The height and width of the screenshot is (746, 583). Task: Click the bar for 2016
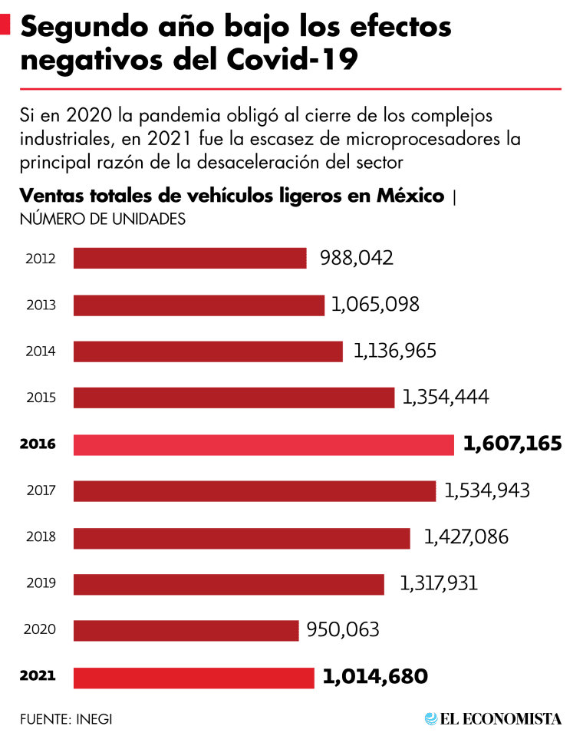pos(263,444)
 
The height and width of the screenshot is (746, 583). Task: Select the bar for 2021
pos(193,678)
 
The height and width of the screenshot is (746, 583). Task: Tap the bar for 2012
pos(189,258)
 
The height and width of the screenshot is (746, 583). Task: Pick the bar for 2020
pos(186,631)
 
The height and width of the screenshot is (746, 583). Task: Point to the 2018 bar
pos(242,538)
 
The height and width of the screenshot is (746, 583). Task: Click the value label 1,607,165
pos(512,444)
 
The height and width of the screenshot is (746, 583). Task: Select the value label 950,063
pos(343,630)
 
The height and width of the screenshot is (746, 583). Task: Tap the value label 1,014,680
pos(375,677)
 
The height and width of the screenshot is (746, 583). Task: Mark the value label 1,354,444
pos(446,397)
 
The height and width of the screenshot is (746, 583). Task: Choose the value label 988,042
pos(357,258)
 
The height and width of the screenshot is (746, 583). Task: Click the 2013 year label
pos(40,305)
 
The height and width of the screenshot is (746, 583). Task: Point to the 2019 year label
pos(40,584)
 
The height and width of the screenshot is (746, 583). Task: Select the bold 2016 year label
pos(38,444)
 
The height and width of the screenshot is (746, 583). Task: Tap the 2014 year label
pos(40,352)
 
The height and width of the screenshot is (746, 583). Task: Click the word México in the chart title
pos(410,196)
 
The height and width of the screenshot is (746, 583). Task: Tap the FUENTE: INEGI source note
pos(61,719)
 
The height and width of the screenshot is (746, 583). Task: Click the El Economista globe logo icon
pos(431,719)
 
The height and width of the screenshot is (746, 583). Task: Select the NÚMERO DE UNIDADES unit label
pos(103,219)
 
